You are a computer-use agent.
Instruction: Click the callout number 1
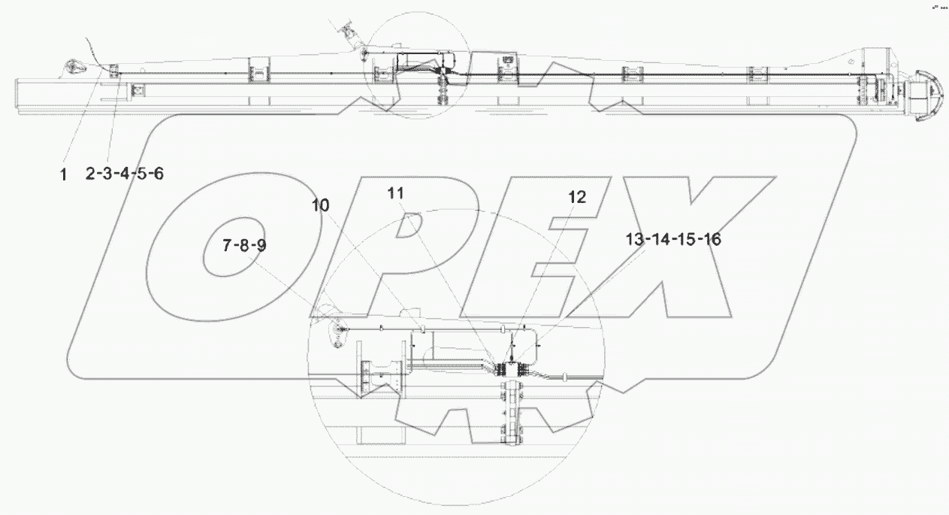point(63,174)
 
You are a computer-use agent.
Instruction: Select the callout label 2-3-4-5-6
point(124,174)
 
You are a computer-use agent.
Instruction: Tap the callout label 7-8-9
point(244,245)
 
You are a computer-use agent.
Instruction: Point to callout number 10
point(321,205)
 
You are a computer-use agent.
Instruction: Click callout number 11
point(396,194)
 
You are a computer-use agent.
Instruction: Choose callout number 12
point(576,197)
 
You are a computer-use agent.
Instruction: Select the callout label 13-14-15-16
point(672,240)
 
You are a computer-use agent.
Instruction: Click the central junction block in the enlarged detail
point(512,370)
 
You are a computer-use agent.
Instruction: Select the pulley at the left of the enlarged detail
point(336,329)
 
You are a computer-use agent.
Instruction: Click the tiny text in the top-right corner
point(938,6)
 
